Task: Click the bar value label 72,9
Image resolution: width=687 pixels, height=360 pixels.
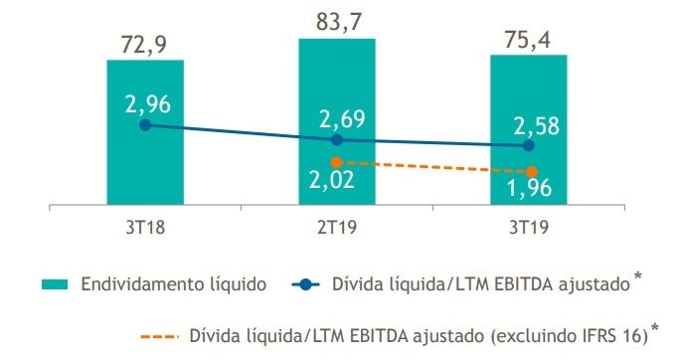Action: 145,43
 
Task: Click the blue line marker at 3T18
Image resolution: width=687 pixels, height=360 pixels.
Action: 145,125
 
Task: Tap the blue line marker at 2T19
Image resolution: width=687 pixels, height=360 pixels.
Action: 337,140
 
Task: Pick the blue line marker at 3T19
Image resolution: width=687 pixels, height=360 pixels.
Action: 529,146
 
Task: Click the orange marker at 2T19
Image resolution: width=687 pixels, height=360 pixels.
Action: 337,162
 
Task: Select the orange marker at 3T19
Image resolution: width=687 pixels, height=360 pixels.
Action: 532,172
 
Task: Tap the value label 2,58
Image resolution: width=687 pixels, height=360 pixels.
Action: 533,125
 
